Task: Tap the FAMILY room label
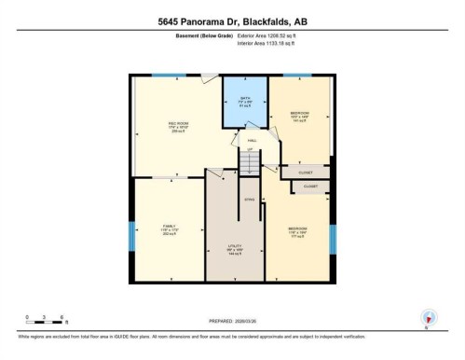pos(169,228)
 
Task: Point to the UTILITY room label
pos(236,249)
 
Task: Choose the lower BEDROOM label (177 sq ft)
pos(298,229)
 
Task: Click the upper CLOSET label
pos(304,173)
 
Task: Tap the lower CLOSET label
pos(310,186)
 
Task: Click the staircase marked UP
pos(249,162)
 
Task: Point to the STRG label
pos(249,200)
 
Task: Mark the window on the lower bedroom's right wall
pos(332,239)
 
